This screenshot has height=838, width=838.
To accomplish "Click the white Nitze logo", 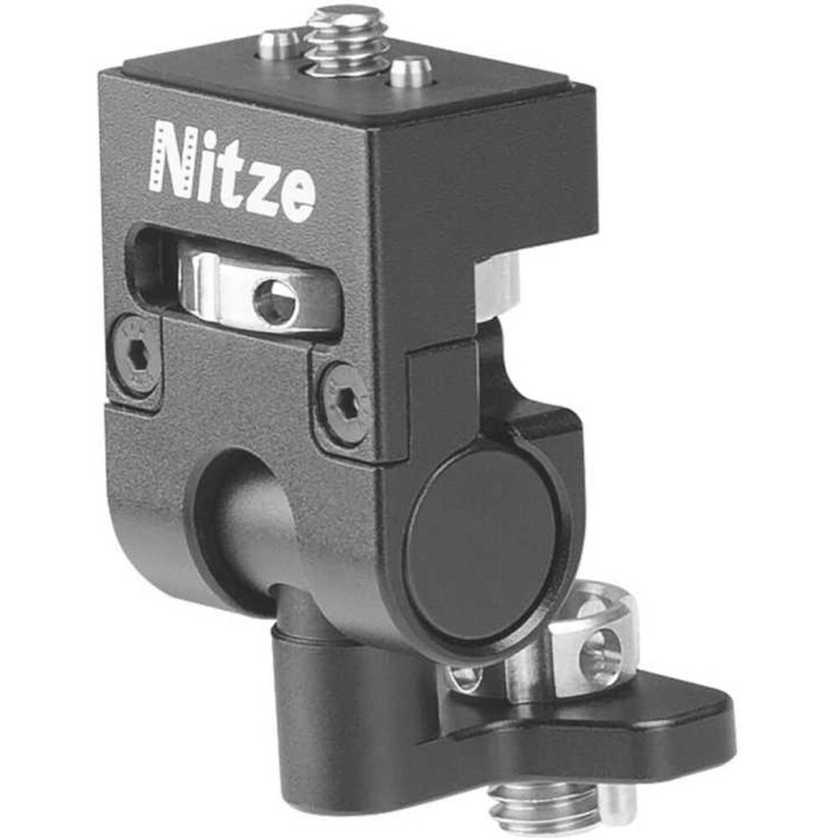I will (232, 171).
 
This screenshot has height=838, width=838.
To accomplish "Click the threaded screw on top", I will (346, 39).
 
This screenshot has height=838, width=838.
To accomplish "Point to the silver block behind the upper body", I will (496, 285).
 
